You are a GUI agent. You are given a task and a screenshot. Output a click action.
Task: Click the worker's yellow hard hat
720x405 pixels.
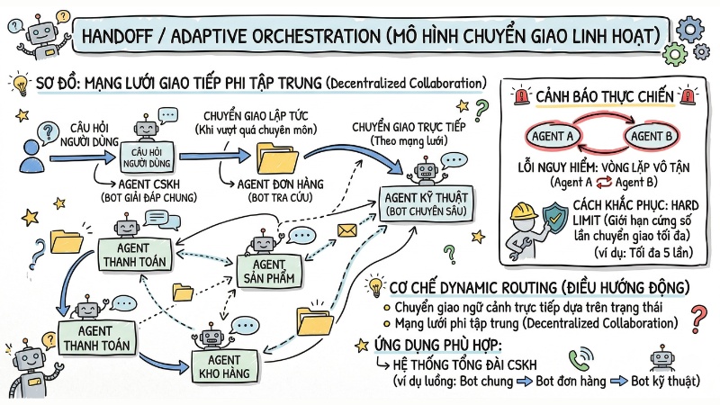(x=524, y=210)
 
